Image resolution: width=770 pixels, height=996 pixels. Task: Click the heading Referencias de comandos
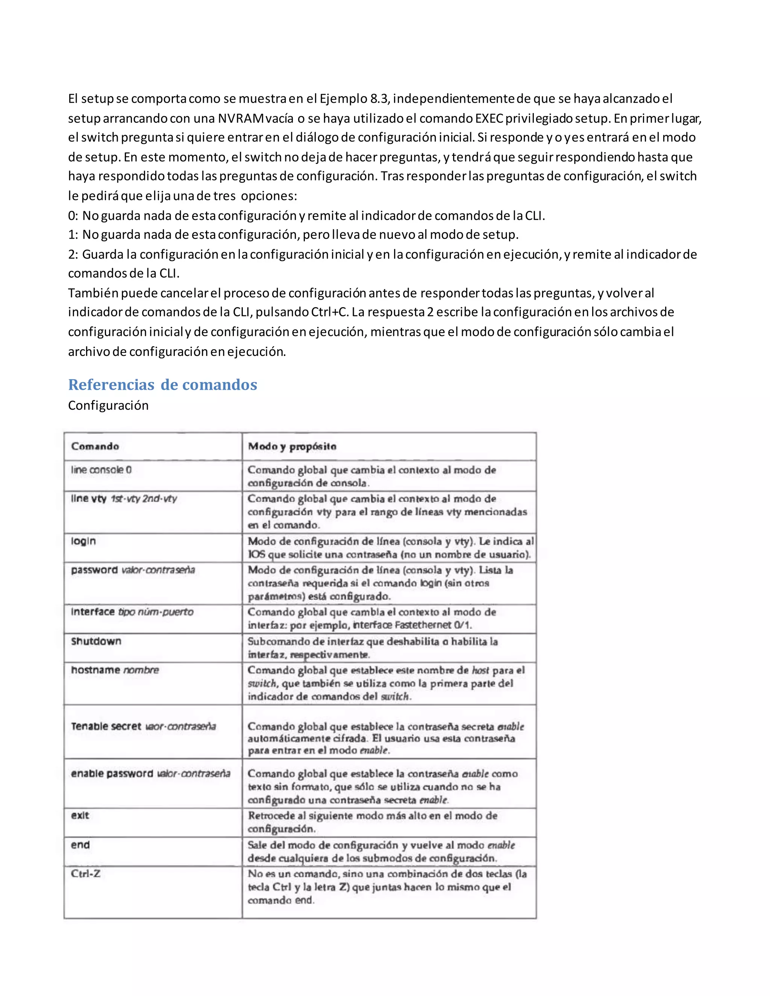(162, 385)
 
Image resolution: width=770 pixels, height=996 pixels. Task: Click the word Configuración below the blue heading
(108, 406)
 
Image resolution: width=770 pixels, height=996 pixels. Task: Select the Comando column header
(95, 447)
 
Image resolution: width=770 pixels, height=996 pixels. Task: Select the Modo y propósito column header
(292, 447)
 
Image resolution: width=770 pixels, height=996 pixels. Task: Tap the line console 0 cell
(101, 470)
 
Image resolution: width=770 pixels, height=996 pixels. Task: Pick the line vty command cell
(124, 498)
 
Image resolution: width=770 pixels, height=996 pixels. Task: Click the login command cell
(83, 541)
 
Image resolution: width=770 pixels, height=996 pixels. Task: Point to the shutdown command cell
(96, 641)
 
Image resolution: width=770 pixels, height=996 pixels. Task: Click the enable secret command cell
(143, 727)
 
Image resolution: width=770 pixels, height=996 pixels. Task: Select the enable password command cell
(150, 773)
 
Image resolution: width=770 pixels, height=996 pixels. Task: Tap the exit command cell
(80, 816)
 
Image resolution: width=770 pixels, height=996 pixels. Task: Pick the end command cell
(80, 845)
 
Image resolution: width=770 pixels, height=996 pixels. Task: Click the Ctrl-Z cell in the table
(85, 873)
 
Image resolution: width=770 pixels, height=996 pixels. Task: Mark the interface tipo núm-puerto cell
(132, 612)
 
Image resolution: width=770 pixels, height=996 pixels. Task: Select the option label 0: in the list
(73, 215)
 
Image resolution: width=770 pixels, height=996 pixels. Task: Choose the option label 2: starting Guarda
(73, 254)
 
